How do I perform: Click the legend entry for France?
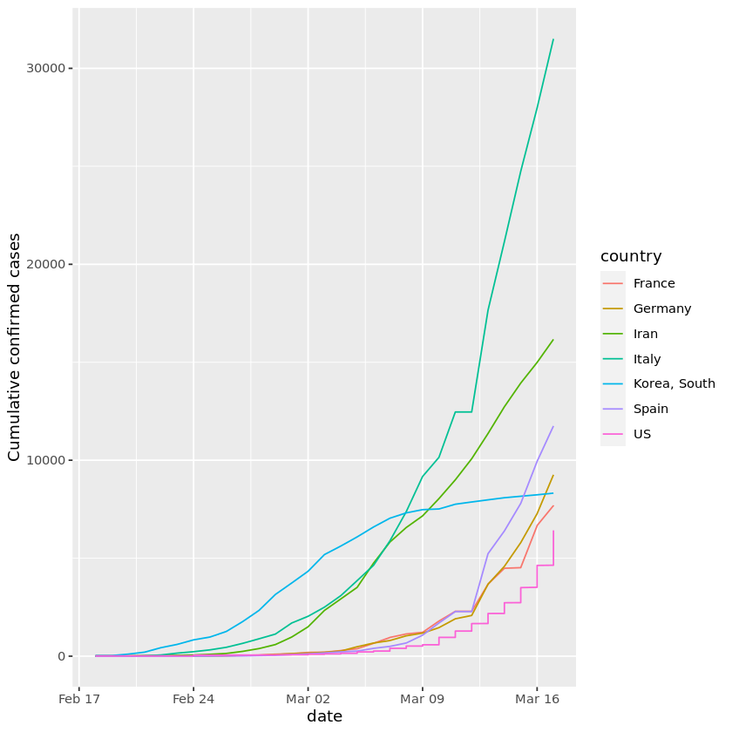point(654,283)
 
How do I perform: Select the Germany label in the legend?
point(661,308)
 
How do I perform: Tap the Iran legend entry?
point(645,334)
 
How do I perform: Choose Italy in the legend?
point(647,359)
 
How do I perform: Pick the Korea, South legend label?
point(674,383)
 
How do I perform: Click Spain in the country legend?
point(649,409)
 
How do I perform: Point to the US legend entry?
point(642,434)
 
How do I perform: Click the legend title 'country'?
point(631,256)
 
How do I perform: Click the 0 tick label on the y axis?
point(61,656)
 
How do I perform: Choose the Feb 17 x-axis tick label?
point(79,699)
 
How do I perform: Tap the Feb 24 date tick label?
point(193,699)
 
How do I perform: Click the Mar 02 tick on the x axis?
point(308,699)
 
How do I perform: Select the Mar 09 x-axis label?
point(423,699)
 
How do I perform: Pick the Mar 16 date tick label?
point(537,699)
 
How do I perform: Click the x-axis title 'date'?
point(324,716)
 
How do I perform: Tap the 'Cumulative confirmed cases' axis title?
point(14,359)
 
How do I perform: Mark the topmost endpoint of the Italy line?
point(553,39)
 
